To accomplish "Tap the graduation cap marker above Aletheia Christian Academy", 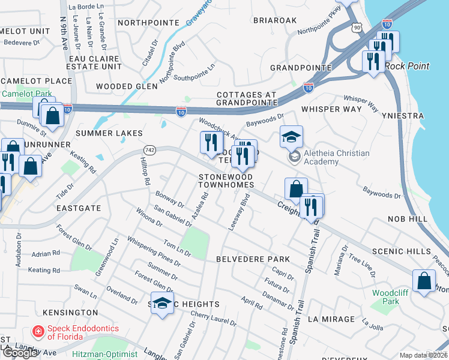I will [x=291, y=137].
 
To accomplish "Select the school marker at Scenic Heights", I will [x=162, y=304].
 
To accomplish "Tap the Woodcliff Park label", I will [x=385, y=296].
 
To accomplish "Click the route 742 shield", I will [x=150, y=150].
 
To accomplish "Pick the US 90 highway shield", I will [x=358, y=28].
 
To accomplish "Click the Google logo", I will [x=20, y=353].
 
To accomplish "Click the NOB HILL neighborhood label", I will [x=407, y=220].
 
